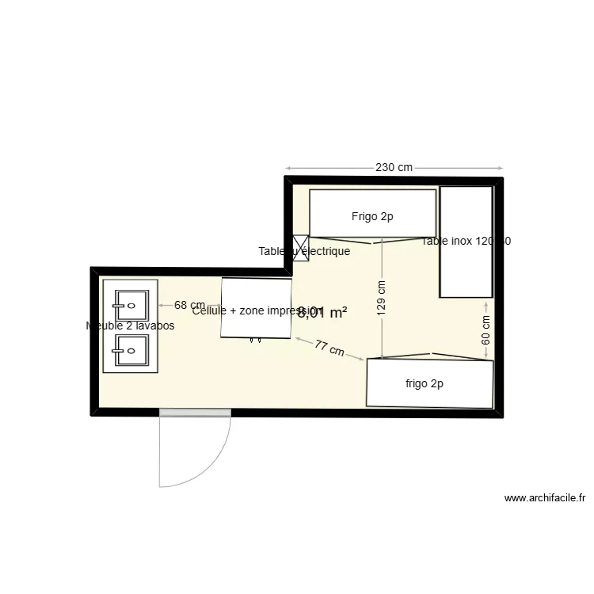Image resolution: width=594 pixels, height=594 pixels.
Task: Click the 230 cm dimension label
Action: [394, 168]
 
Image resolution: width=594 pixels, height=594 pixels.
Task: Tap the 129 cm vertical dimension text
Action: [382, 299]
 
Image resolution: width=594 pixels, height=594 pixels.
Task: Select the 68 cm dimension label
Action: [189, 305]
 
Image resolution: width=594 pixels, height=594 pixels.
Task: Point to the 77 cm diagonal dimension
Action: [329, 348]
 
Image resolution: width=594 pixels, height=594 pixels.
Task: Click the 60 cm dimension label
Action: [486, 329]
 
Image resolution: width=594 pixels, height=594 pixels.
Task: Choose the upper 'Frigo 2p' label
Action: [372, 216]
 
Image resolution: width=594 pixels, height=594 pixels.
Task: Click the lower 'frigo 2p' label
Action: [424, 384]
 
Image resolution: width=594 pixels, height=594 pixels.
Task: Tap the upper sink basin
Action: [131, 302]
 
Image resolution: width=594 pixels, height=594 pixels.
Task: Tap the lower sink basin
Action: [131, 347]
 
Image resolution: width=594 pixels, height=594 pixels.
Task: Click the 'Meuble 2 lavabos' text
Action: [130, 326]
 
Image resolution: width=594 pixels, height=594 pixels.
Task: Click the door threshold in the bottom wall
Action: [195, 413]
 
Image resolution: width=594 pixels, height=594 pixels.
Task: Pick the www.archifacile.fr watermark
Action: [545, 499]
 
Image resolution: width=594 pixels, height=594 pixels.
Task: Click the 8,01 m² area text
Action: [322, 313]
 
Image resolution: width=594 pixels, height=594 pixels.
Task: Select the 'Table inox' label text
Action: [466, 242]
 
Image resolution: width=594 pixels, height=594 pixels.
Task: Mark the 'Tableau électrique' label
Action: [304, 252]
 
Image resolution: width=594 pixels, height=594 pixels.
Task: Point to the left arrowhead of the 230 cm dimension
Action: [288, 168]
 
